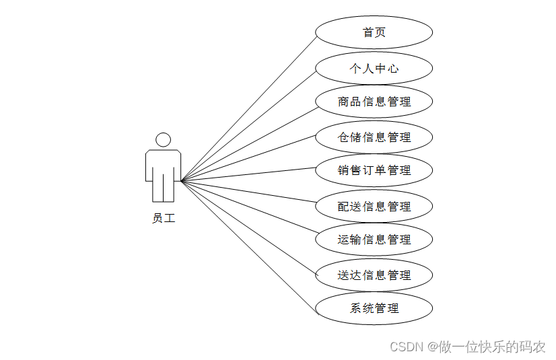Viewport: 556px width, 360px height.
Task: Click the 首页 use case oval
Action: pos(374,32)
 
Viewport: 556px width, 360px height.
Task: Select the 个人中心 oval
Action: pos(374,68)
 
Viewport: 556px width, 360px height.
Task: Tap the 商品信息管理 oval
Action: pos(374,102)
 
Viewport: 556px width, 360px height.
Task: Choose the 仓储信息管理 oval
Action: pos(374,137)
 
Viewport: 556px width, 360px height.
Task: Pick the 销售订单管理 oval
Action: pos(374,171)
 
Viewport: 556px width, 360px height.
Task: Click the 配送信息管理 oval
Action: pos(374,207)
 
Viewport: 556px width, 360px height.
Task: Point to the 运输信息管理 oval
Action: pos(374,240)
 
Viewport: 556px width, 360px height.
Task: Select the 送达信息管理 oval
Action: pos(374,275)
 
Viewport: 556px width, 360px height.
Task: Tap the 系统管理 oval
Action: pos(374,309)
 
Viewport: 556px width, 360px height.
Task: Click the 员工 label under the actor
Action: pos(164,218)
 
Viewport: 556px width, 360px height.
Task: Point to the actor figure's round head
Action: pos(163,140)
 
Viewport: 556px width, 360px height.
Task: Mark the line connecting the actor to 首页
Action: pos(248,108)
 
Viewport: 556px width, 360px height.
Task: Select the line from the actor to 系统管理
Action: pos(248,248)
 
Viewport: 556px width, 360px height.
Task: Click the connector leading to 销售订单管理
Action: pos(248,174)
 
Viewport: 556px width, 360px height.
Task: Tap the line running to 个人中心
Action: pos(248,124)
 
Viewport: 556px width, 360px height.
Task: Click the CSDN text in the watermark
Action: pos(405,347)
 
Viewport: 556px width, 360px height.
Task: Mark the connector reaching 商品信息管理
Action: pos(248,142)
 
